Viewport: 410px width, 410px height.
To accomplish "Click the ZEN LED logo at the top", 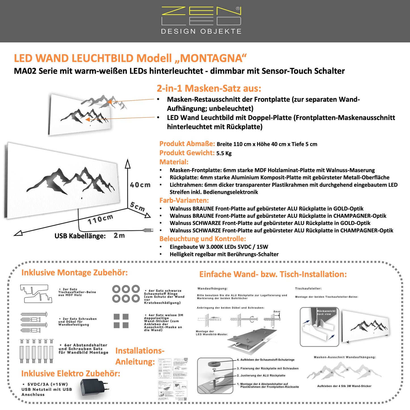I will click(x=201, y=20).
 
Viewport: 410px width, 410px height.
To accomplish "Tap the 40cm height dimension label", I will click(x=140, y=185).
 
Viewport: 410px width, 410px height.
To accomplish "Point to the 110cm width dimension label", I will click(x=100, y=219).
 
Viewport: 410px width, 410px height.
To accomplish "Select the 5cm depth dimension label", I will click(x=138, y=206).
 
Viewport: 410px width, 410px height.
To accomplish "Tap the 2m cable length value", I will click(x=119, y=235).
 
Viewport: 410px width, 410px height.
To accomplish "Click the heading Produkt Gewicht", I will click(x=187, y=153).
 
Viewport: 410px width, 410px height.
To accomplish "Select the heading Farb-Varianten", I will click(x=184, y=200).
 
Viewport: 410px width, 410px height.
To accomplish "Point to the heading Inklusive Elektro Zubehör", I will click(x=70, y=373).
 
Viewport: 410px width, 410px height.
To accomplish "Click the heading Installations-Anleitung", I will click(x=140, y=356).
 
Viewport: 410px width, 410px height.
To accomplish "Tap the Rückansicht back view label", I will click(x=326, y=312).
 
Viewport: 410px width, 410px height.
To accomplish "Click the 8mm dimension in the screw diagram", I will click(x=277, y=312).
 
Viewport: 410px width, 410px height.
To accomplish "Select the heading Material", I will click(x=174, y=162).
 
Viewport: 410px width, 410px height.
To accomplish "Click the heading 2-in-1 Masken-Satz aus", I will click(x=209, y=88).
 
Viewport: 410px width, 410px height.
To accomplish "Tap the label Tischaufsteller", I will click(x=308, y=288).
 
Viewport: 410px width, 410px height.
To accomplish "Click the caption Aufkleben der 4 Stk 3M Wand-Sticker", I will click(x=344, y=386).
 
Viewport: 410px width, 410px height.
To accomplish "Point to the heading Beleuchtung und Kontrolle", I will click(x=203, y=239).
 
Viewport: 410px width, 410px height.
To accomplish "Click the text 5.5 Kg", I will click(x=224, y=153).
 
